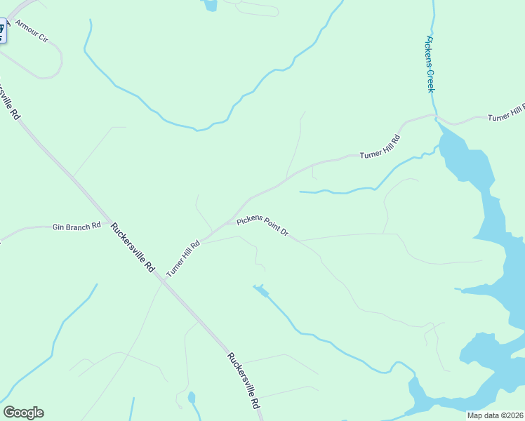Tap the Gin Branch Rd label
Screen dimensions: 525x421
[x=77, y=227]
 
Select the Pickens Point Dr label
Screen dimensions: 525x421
[x=262, y=226]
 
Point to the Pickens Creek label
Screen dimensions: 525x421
[x=430, y=64]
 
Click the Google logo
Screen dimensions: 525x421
[x=23, y=413]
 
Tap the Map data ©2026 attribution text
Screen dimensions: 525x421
[x=496, y=415]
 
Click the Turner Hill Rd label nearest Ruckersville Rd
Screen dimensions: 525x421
[x=183, y=258]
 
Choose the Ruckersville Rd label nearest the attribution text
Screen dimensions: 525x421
[x=244, y=380]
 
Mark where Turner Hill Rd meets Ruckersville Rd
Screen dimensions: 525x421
[x=163, y=278]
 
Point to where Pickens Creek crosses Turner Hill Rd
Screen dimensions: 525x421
[x=436, y=116]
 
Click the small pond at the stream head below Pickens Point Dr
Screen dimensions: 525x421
[x=260, y=289]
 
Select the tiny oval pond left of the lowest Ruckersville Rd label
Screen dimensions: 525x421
[x=192, y=398]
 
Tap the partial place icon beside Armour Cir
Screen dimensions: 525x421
[x=2, y=30]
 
